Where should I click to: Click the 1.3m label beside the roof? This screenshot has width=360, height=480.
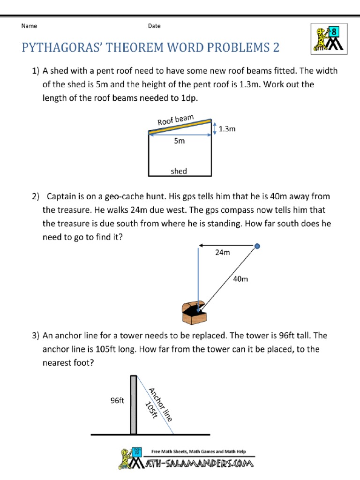click(227, 128)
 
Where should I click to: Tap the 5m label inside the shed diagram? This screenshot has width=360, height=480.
click(179, 141)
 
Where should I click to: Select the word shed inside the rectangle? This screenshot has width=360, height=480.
click(179, 171)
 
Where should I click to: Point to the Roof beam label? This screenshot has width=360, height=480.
click(176, 120)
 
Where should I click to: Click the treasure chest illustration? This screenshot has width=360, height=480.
click(193, 313)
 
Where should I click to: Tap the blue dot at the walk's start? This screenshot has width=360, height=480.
click(257, 246)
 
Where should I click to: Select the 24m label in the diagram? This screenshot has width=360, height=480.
click(223, 253)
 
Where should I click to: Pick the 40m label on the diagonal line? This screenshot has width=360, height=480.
click(240, 279)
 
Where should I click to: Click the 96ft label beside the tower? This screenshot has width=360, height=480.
click(117, 400)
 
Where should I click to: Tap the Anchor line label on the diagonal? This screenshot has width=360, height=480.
click(161, 405)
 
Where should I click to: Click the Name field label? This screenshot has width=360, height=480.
click(29, 26)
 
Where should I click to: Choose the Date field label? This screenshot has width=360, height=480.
click(154, 26)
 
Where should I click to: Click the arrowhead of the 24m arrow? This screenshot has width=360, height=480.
click(201, 245)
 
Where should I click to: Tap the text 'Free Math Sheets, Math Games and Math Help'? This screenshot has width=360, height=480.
click(198, 452)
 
